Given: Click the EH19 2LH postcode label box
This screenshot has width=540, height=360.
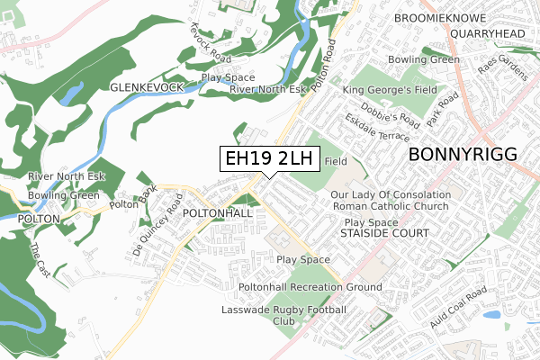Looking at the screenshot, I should tap(269, 158).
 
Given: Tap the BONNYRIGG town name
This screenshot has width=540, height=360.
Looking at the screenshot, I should tap(463, 155).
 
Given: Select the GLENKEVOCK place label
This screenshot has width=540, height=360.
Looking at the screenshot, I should tap(147, 86).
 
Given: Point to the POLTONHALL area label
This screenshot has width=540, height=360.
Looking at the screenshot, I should tap(217, 213).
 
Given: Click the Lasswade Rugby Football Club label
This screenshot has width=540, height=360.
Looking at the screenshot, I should tap(283, 315).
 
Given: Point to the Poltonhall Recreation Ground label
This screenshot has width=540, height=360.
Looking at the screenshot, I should tap(310, 287).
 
